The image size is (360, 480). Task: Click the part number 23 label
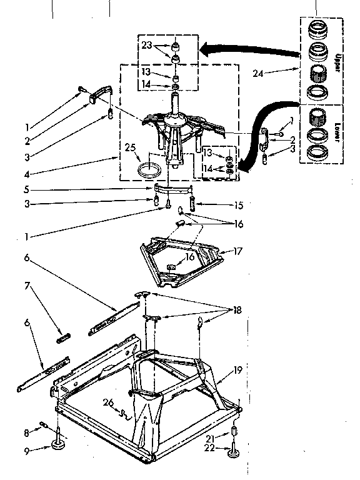(146, 45)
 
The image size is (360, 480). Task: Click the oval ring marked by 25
(150, 167)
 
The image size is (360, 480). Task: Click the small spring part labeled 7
(63, 337)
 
